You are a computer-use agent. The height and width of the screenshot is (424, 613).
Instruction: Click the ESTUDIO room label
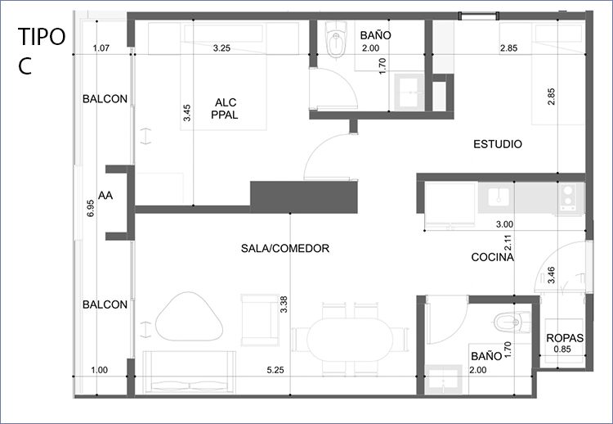click(497, 144)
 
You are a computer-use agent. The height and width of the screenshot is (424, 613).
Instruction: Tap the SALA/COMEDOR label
click(285, 248)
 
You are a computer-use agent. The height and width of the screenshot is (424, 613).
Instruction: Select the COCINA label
click(492, 257)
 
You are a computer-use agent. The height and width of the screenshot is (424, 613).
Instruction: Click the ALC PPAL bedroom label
click(225, 108)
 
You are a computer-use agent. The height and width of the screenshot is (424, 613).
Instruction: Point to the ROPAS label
click(565, 338)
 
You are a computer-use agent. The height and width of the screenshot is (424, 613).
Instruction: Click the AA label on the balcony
click(105, 196)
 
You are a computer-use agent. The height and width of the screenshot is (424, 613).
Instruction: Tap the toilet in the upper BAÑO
click(336, 39)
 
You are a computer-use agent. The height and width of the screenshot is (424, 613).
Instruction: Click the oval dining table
click(350, 340)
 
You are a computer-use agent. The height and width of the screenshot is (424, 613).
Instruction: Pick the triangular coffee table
click(189, 316)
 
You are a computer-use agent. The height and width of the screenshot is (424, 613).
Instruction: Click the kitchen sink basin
click(499, 196)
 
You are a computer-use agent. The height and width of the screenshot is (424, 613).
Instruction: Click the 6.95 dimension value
click(90, 208)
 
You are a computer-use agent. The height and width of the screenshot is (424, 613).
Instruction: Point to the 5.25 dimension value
click(275, 370)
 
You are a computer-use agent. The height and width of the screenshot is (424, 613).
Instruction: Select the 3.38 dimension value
click(284, 304)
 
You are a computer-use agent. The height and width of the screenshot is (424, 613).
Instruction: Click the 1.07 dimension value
click(101, 48)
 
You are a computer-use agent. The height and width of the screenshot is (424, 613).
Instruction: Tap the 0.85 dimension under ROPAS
click(562, 350)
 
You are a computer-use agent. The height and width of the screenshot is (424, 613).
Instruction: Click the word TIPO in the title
click(42, 37)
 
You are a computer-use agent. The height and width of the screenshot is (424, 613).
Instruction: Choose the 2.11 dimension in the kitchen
click(508, 243)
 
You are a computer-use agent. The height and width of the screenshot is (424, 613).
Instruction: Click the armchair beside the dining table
click(260, 320)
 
